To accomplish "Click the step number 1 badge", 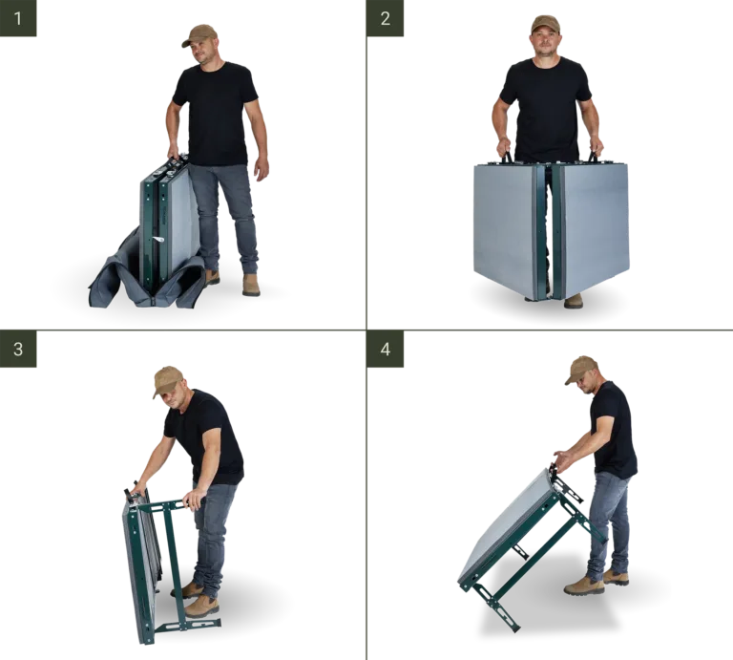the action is pos(18,18).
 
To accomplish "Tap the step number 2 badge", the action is pos(386,18).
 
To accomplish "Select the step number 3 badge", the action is pos(18,349).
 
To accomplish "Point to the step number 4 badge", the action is pos(386,349).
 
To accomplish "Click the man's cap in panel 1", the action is pos(199,35).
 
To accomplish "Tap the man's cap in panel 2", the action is pos(545,24).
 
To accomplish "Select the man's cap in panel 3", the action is pos(167,379).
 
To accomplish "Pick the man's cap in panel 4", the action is pos(580,369).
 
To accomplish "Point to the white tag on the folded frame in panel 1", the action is pos(158,240).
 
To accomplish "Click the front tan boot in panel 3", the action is pos(201,607).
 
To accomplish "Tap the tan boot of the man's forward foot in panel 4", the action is pos(583,585).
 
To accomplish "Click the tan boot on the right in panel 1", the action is pos(251,285).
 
